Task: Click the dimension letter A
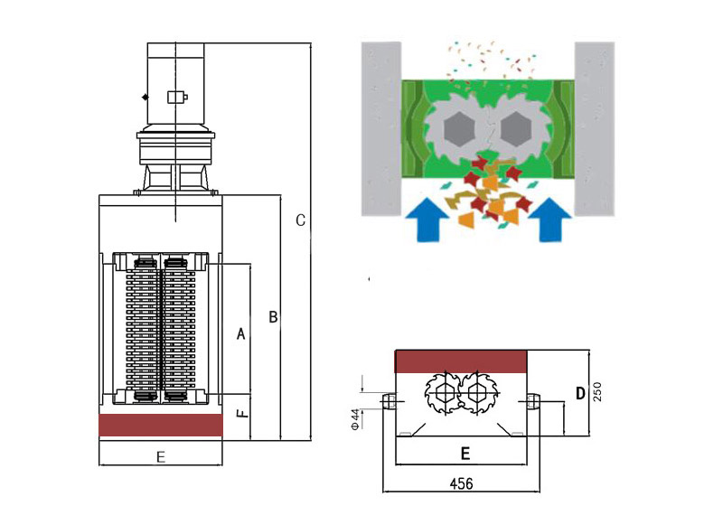[241, 334]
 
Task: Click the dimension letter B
[273, 317]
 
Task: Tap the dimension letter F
[240, 415]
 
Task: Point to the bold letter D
[580, 393]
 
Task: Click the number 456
[461, 483]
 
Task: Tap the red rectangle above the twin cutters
[461, 361]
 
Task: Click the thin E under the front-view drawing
[161, 457]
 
